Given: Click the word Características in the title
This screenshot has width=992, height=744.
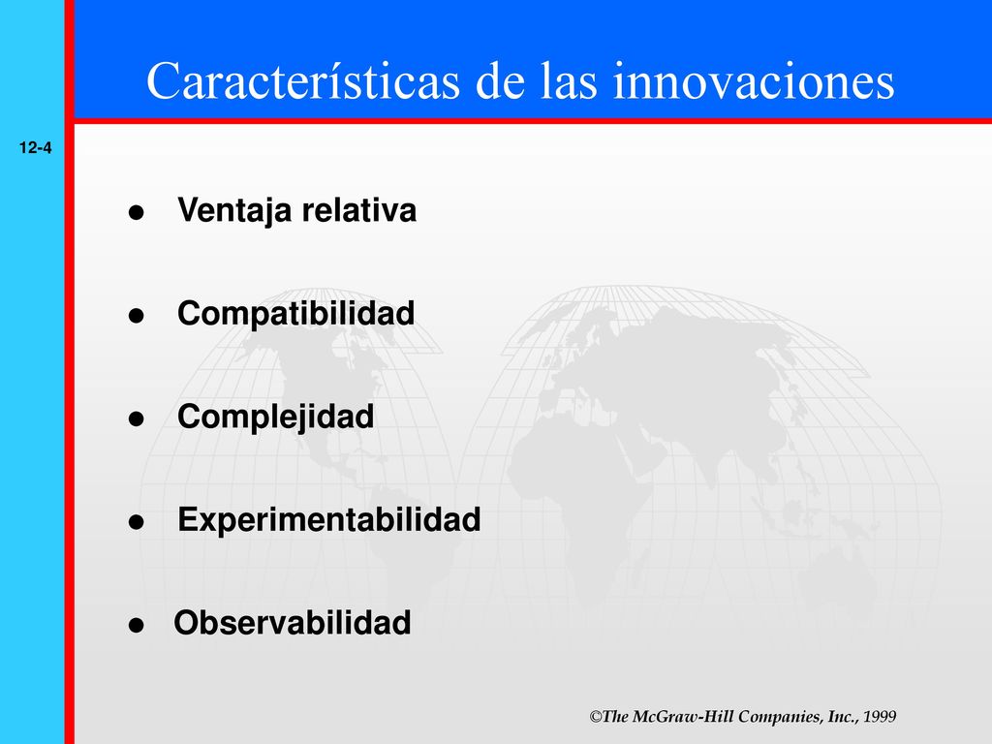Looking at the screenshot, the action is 303,80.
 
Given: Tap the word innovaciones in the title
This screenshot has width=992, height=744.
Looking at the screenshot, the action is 754,80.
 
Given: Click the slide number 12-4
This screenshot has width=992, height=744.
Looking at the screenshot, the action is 36,148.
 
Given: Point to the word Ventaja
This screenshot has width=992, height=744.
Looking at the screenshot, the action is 234,210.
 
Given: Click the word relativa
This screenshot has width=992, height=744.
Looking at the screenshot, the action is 359,209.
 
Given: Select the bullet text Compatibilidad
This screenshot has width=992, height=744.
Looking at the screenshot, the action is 296,313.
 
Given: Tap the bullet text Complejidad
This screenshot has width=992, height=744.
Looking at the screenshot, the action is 276,418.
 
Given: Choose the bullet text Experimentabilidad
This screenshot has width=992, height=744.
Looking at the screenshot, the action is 329,520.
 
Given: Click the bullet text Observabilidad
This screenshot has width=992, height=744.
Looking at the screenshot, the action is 293,623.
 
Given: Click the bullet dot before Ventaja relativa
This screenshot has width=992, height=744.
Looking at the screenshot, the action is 136,212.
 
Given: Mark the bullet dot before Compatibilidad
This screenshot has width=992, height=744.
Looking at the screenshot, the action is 136,316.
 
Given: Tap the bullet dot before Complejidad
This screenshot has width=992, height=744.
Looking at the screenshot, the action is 136,418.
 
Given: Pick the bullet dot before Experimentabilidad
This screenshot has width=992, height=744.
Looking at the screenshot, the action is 136,522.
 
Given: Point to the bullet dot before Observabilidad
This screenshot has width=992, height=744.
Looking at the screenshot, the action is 136,625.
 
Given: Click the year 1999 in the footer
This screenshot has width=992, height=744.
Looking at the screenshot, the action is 880,717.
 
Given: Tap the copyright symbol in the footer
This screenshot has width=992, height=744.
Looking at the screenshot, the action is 596,717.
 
